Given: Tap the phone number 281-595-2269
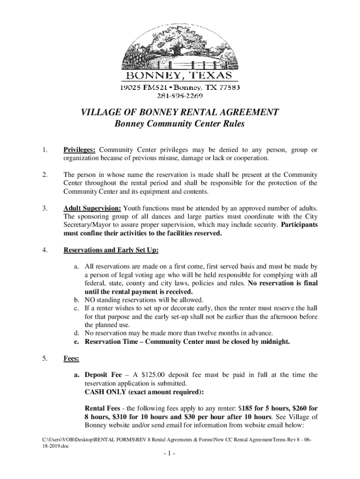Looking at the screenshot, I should coord(180,96).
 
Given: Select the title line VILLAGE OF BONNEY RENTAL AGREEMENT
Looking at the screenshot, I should coord(180,112).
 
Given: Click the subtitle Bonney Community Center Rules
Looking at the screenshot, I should coord(180,124).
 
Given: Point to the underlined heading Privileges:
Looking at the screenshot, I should coord(80,150).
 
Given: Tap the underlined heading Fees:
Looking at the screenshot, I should coord(72,359).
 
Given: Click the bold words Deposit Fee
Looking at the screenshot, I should coord(103,375).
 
